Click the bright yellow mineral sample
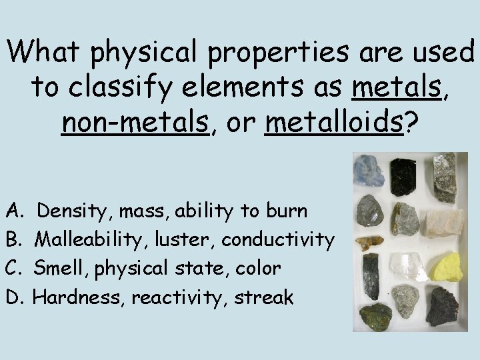coord(445,267)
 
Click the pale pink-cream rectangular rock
coord(444,223)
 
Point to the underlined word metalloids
coord(333,123)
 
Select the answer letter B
coord(13,239)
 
